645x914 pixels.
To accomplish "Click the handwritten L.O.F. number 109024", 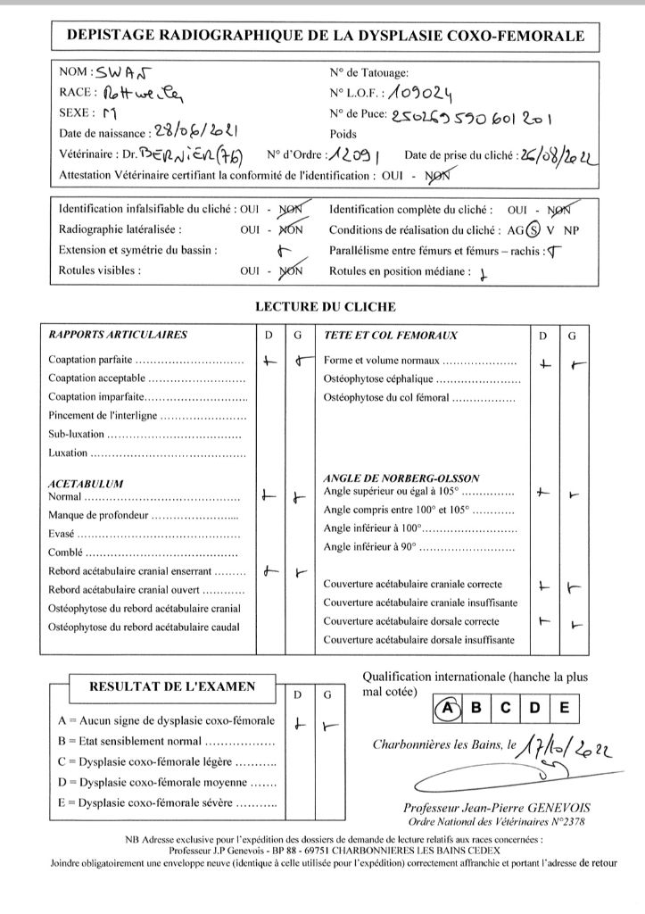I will [x=415, y=92].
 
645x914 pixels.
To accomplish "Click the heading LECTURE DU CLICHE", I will [x=325, y=307].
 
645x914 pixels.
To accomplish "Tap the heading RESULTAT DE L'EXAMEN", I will [x=170, y=686].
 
